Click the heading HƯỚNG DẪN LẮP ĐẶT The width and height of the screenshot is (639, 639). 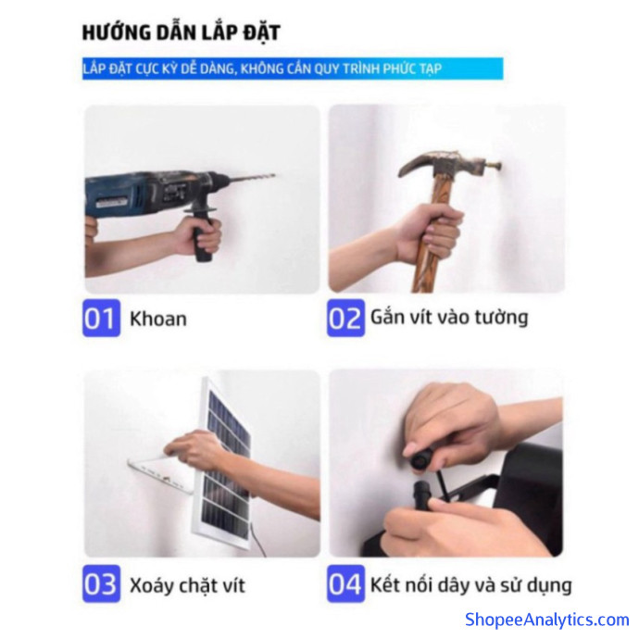click(x=181, y=33)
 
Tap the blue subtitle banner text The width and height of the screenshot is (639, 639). click(x=262, y=69)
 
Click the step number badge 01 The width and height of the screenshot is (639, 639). click(x=101, y=319)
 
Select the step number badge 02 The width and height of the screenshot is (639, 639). click(x=345, y=319)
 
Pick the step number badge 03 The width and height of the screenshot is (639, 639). click(x=101, y=583)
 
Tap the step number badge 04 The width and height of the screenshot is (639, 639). click(x=345, y=583)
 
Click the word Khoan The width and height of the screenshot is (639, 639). click(x=158, y=319)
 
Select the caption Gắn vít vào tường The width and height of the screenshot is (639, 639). click(x=449, y=318)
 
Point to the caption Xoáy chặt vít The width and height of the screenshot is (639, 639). click(x=187, y=585)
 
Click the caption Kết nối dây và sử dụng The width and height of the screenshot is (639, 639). click(x=470, y=584)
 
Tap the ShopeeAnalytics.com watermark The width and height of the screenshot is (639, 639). click(x=547, y=620)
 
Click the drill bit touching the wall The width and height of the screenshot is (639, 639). click(x=251, y=178)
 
